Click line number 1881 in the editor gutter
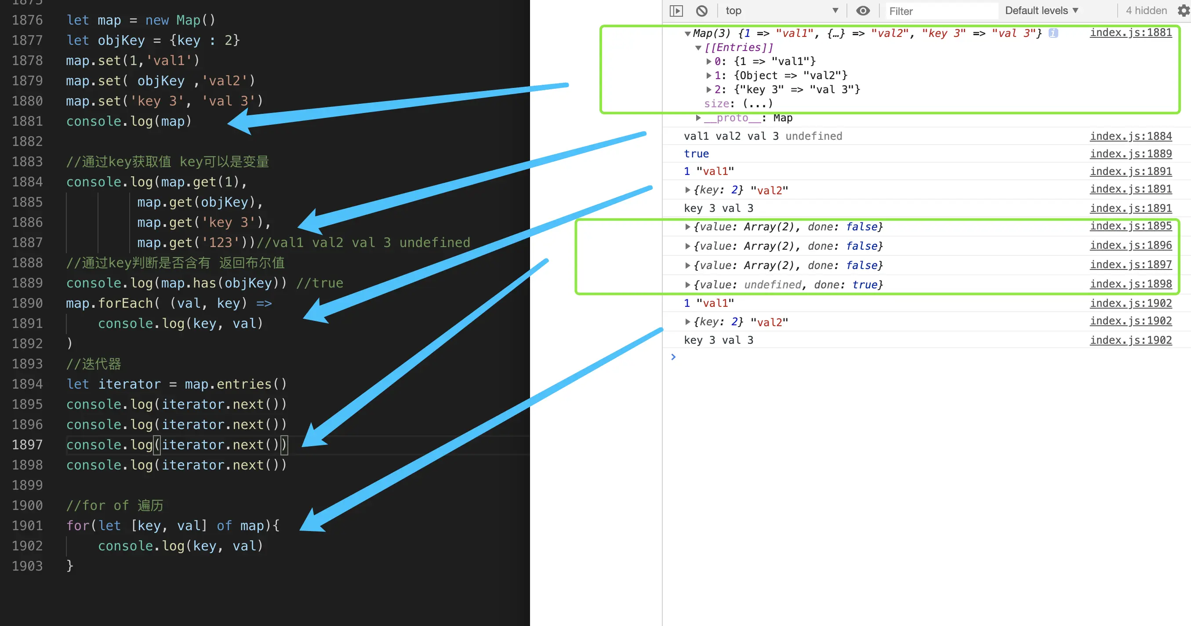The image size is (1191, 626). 27,121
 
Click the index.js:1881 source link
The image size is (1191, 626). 1131,33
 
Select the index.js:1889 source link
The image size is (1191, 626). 1131,153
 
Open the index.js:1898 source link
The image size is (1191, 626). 1131,284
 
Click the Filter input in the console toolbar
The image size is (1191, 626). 941,11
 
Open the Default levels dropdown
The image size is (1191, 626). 1041,11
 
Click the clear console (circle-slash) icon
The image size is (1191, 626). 702,11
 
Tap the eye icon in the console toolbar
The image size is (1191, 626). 863,11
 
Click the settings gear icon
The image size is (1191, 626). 1184,11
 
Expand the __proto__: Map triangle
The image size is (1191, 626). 698,118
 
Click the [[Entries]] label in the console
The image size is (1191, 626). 739,47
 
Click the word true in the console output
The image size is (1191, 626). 696,153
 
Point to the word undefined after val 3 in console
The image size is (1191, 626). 814,136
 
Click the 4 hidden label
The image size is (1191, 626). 1146,11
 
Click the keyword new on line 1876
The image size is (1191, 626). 157,20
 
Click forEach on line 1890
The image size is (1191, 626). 125,303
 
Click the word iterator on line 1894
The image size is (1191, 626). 130,384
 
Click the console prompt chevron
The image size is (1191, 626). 673,357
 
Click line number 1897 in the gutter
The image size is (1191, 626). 27,445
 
